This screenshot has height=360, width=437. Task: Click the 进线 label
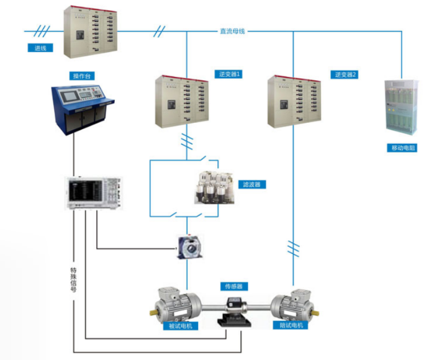(x=40, y=48)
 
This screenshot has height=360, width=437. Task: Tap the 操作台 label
(x=83, y=76)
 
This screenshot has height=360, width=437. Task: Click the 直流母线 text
(x=232, y=30)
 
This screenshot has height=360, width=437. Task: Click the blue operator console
(x=83, y=109)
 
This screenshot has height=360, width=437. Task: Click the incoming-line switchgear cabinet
(x=90, y=32)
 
